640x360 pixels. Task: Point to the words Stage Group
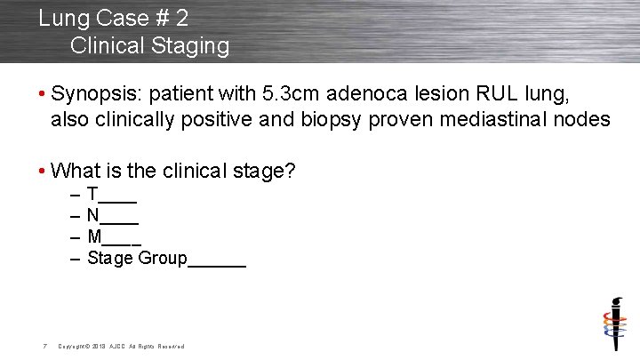click(137, 259)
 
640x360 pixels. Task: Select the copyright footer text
click(120, 347)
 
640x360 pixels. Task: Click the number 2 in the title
click(180, 17)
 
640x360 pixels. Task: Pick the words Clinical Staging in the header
click(148, 44)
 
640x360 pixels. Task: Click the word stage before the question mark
click(259, 170)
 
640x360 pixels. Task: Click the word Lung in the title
click(60, 17)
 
